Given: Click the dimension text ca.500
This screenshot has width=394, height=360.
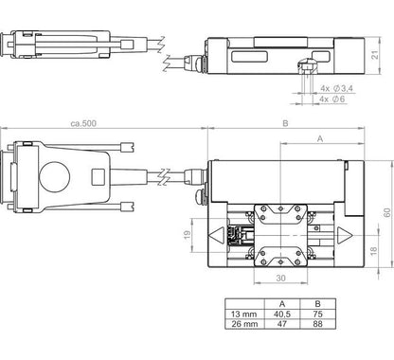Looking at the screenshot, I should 84,123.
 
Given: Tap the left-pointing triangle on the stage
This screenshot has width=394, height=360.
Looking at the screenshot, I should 217,232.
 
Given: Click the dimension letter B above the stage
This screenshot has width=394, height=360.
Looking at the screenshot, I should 285,123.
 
